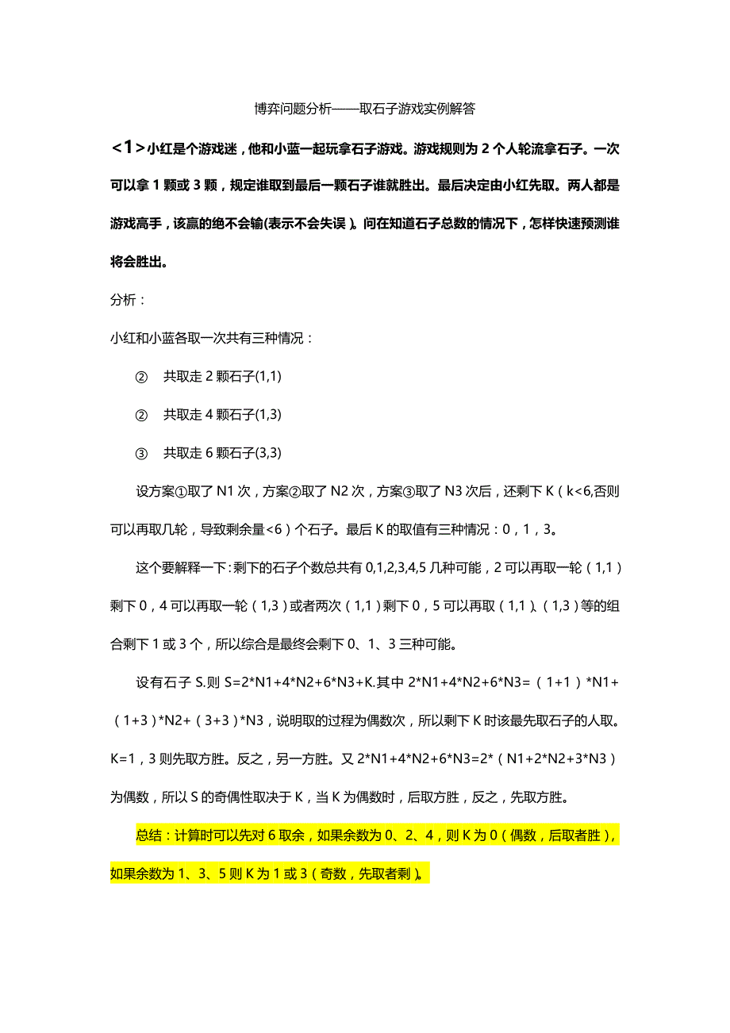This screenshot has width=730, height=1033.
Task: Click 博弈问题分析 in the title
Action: (293, 109)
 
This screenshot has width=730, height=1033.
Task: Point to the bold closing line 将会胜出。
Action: (139, 262)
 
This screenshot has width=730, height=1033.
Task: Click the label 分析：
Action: (128, 301)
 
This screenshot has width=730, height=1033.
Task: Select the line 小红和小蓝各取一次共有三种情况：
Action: (213, 339)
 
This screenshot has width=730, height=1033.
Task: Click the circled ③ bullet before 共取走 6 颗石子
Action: (142, 454)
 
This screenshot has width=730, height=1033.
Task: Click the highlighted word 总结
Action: (149, 835)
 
